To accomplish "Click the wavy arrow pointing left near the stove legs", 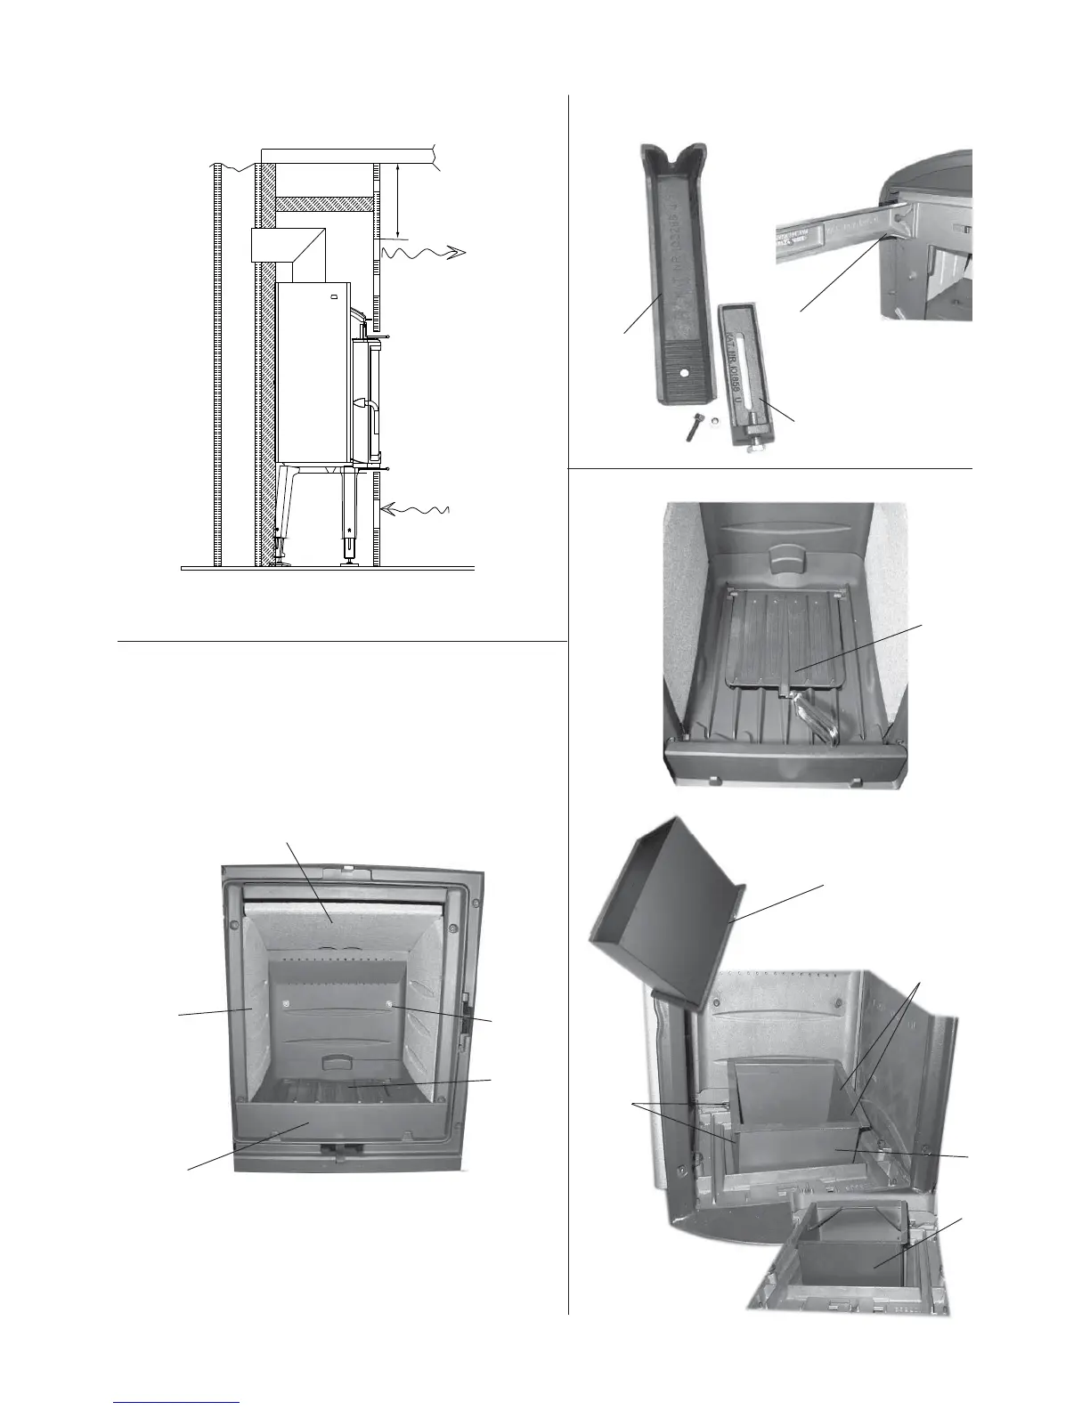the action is point(415,510).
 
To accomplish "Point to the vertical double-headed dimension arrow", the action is point(398,201).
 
